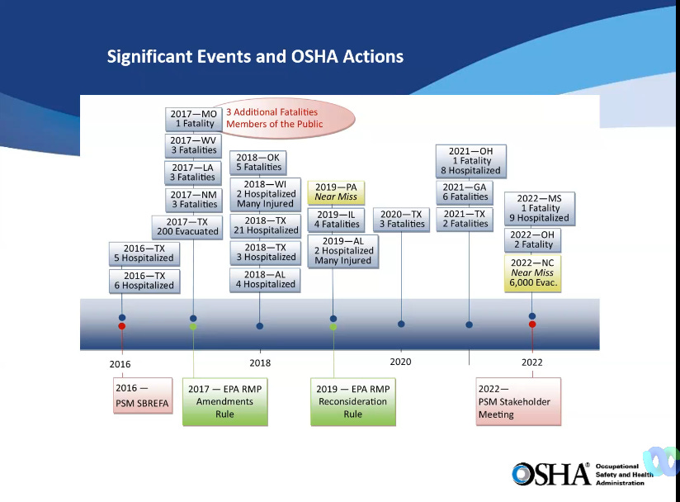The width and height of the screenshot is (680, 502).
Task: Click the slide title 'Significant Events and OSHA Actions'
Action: coord(255,57)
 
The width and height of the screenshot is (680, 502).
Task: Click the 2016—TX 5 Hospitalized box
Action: coord(144,253)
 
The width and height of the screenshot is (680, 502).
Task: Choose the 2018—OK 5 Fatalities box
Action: coord(259,162)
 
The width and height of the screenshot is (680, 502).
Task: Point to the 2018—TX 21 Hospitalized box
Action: coord(265,225)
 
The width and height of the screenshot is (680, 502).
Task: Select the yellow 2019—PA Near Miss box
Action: coord(335,192)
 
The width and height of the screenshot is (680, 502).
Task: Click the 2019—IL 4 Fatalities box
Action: coord(335,219)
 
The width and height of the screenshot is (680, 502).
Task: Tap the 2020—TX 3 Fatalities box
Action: coord(401,219)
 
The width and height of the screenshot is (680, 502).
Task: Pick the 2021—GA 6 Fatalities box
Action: coord(469,192)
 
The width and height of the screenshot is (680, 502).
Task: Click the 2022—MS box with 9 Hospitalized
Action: coord(539,208)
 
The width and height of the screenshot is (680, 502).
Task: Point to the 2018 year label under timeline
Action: coord(260,362)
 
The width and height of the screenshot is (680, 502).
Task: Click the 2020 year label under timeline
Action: coord(400,362)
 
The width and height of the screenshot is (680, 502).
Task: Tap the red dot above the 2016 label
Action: coord(121,326)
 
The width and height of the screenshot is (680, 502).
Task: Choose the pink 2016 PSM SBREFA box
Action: coord(143,395)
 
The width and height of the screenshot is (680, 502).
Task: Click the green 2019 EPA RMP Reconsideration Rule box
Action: coord(352,401)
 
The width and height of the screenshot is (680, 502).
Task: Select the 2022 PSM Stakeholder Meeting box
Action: coord(518,401)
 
